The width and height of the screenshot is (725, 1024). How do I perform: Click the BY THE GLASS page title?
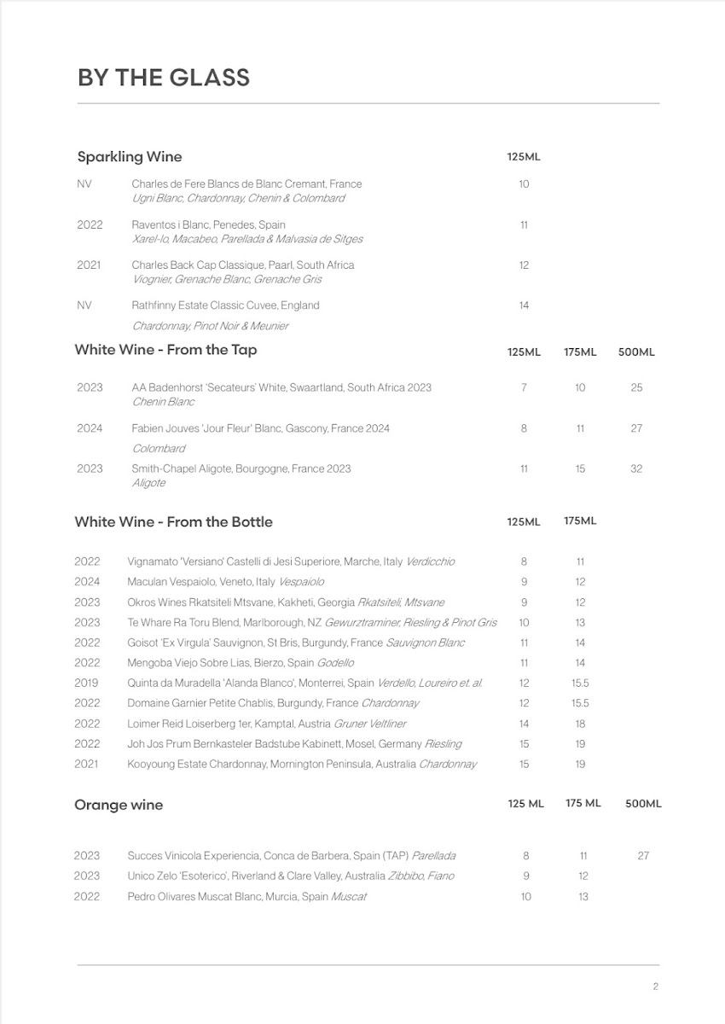pyautogui.click(x=164, y=78)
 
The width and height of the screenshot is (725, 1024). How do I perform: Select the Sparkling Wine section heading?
pyautogui.click(x=130, y=157)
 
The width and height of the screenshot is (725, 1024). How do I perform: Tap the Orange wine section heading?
pyautogui.click(x=119, y=805)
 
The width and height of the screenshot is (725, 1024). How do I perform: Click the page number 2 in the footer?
pyautogui.click(x=655, y=987)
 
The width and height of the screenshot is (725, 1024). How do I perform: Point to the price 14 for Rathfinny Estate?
pyautogui.click(x=524, y=305)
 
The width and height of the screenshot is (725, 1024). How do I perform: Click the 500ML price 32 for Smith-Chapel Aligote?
pyautogui.click(x=636, y=468)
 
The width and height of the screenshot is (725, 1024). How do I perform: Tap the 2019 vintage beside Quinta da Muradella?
pyautogui.click(x=86, y=683)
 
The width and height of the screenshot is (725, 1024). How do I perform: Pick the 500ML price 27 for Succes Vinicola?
pyautogui.click(x=643, y=856)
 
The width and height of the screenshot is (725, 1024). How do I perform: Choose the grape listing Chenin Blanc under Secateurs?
pyautogui.click(x=163, y=402)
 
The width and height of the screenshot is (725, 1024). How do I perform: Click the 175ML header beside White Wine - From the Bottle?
pyautogui.click(x=580, y=521)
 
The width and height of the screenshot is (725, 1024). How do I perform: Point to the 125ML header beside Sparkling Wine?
pyautogui.click(x=524, y=157)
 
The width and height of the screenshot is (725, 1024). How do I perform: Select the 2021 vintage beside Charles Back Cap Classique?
pyautogui.click(x=89, y=265)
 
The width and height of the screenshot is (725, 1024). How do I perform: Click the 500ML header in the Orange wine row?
pyautogui.click(x=643, y=804)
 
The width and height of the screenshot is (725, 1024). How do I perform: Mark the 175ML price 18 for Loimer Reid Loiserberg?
pyautogui.click(x=580, y=724)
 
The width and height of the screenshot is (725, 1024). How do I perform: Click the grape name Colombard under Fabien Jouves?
pyautogui.click(x=159, y=449)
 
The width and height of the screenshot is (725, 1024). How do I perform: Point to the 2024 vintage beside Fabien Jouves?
pyautogui.click(x=90, y=428)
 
